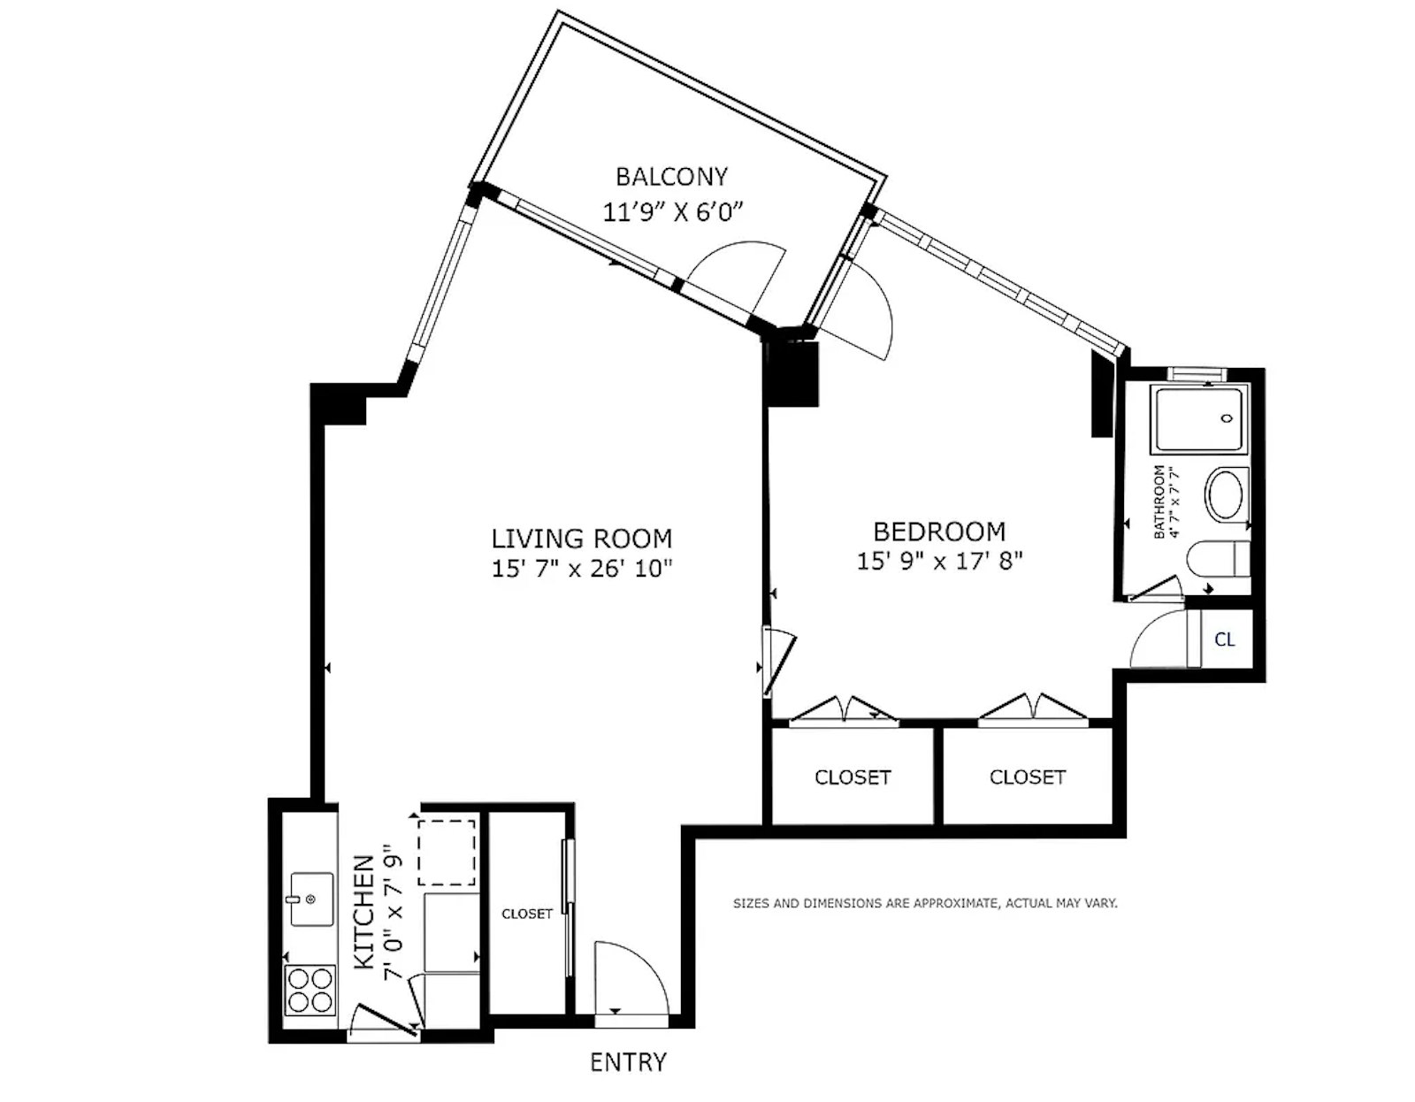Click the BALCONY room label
671,176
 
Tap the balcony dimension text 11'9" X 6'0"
673,212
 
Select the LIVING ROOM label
582,539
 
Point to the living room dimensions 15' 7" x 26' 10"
582,569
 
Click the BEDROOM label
939,532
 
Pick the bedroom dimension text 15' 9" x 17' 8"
939,561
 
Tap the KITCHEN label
364,912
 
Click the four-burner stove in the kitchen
310,991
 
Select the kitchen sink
311,899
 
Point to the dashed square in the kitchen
446,853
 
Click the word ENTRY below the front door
629,1063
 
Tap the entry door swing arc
648,962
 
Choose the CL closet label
1224,639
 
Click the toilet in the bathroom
1219,559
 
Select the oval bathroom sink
1225,494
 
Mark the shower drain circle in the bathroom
1227,418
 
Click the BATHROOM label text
1159,501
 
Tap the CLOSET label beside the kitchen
527,914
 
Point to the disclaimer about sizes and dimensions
925,904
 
